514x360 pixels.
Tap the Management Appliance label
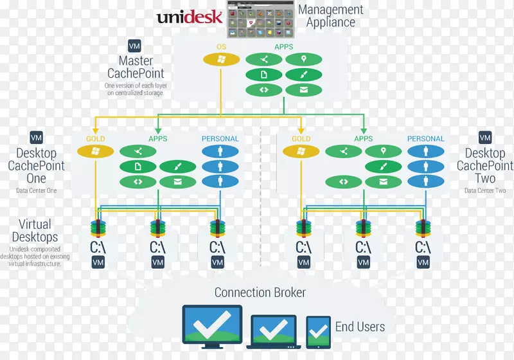[x=330, y=16]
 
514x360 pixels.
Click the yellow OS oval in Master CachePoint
[x=221, y=60]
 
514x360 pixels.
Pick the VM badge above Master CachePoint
[x=135, y=46]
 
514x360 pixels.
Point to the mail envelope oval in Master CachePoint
[x=303, y=90]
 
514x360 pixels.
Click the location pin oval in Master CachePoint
[x=303, y=60]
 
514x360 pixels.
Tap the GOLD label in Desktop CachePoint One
[x=96, y=139]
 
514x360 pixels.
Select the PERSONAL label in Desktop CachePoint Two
[x=425, y=139]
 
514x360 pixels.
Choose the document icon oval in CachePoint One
[x=137, y=167]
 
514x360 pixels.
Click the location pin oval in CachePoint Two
[x=383, y=152]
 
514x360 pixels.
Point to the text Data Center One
[x=36, y=191]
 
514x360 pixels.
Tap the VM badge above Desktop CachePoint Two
[x=485, y=138]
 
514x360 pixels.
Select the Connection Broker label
[x=260, y=293]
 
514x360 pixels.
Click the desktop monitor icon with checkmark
[x=213, y=324]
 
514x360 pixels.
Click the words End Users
[x=360, y=327]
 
